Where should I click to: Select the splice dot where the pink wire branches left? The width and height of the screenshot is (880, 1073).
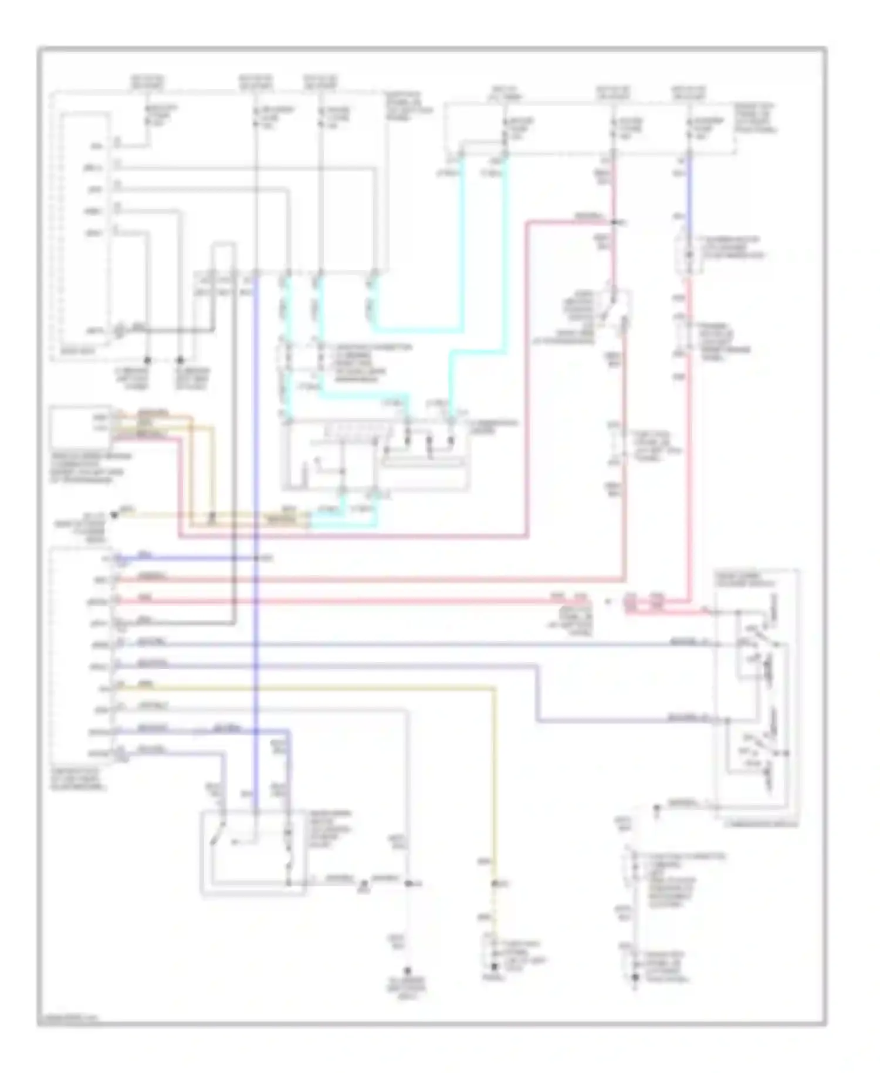613,223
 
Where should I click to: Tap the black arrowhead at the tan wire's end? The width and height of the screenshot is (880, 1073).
114,515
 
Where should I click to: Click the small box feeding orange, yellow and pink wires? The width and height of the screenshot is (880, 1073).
80,426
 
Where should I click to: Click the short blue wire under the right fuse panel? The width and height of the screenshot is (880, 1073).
689,188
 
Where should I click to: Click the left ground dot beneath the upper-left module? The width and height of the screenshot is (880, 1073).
147,359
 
